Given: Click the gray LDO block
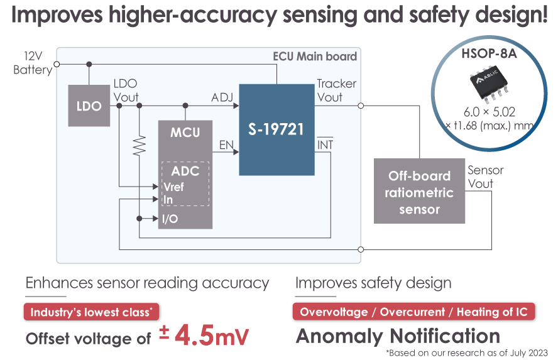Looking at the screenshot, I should [x=89, y=106].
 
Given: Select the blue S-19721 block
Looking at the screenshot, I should [x=276, y=129].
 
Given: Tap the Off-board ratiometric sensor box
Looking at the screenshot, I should [x=419, y=191].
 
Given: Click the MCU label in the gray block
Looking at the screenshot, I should [x=185, y=133].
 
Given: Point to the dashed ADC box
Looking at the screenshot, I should [x=185, y=183].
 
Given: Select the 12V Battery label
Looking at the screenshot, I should [x=33, y=63].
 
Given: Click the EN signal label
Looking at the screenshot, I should [x=226, y=145].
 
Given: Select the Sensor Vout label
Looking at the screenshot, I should [x=485, y=177].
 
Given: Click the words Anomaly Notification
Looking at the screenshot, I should [x=398, y=335].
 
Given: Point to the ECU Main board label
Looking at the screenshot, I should [x=315, y=57].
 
